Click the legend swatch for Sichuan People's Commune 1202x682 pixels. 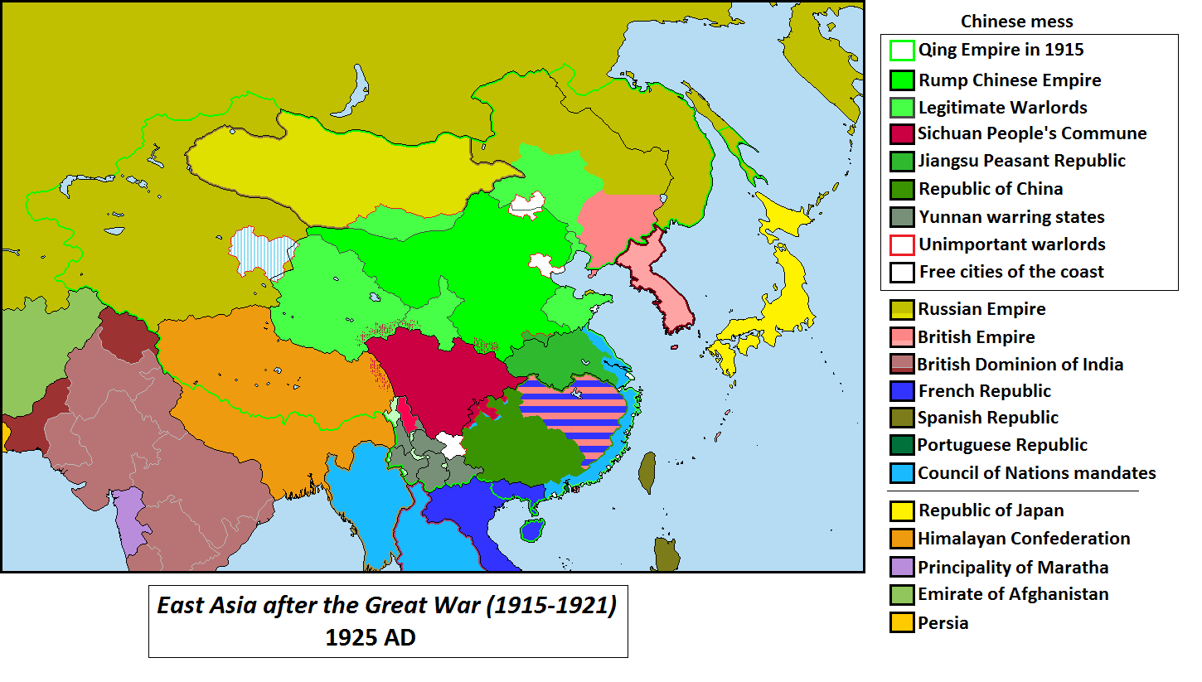(902, 133)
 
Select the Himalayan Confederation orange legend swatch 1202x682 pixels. (902, 539)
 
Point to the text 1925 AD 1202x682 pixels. (370, 638)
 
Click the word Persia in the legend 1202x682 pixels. (943, 622)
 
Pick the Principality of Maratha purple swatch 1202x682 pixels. (902, 568)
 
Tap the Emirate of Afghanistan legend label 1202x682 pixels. (1012, 594)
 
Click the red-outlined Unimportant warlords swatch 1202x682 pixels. (902, 244)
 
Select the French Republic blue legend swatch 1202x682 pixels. (902, 391)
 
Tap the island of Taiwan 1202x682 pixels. (647, 473)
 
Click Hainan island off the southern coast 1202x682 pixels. (531, 530)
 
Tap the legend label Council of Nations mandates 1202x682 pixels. (1036, 473)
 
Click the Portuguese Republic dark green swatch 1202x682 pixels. (902, 445)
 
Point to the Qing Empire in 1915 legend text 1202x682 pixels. (1001, 50)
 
